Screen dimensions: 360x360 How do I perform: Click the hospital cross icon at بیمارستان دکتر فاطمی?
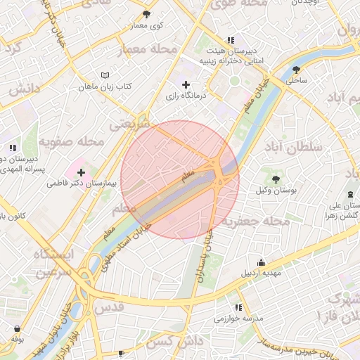[x=82, y=172]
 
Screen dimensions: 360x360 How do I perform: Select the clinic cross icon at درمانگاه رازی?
[x=185, y=85]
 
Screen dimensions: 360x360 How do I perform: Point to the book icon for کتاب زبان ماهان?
[x=105, y=75]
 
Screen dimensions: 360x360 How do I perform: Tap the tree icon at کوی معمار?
[x=146, y=14]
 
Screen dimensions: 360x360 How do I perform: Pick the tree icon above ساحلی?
[x=296, y=70]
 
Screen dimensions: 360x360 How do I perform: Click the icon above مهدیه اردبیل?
[x=262, y=262]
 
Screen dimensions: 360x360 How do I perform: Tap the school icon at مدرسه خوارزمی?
[x=238, y=307]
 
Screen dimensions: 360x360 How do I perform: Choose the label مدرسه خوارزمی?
[x=238, y=319]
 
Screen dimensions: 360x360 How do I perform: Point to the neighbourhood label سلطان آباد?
[x=293, y=147]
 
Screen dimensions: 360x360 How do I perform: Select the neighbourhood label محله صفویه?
[x=71, y=142]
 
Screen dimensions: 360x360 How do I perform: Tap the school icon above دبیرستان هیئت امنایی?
[x=231, y=40]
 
